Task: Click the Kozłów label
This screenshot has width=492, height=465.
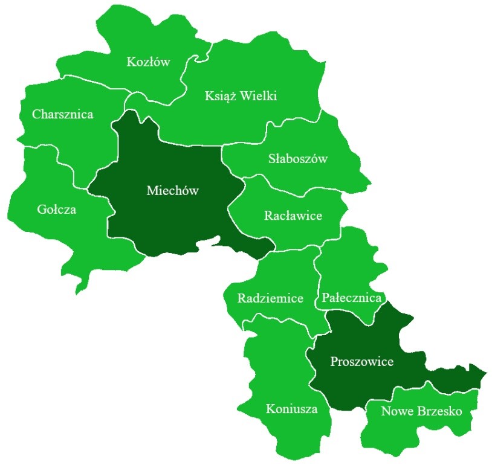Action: (x=149, y=62)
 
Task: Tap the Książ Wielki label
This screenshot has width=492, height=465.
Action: (x=241, y=96)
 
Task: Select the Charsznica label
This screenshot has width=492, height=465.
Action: (x=63, y=114)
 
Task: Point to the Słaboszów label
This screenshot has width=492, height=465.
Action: (x=297, y=159)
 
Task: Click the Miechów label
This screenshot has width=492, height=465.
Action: (x=173, y=191)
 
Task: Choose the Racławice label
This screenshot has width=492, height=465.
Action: (x=293, y=216)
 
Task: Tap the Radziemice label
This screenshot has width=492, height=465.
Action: (x=270, y=298)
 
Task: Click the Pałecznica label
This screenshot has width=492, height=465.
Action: (x=352, y=298)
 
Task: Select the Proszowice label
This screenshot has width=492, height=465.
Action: (x=362, y=362)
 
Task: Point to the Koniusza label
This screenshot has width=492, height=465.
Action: (x=292, y=409)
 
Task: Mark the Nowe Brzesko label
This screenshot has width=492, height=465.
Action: (x=421, y=412)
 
